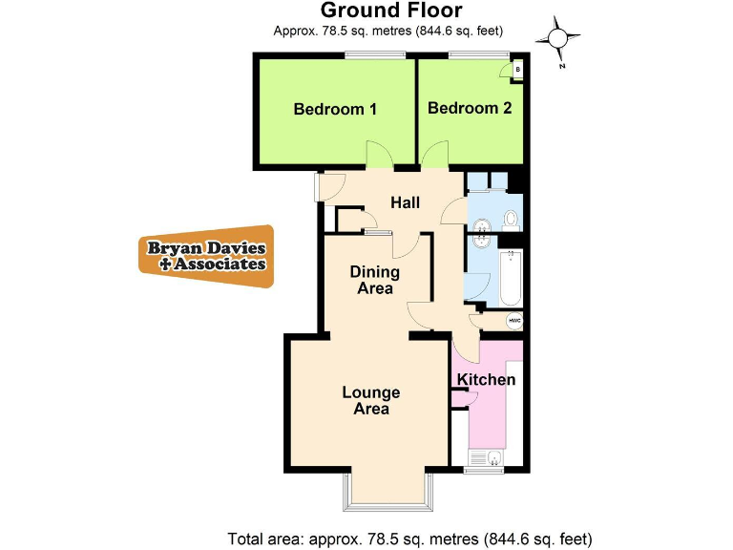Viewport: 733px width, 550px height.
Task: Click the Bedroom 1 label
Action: click(x=335, y=109)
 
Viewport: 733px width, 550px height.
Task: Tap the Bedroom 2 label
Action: click(x=470, y=108)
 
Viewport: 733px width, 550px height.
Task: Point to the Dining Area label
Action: click(x=375, y=280)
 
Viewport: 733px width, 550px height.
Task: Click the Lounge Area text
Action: click(x=371, y=400)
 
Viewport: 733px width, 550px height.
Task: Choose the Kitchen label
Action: click(x=486, y=380)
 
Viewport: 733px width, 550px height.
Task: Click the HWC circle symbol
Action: click(x=513, y=321)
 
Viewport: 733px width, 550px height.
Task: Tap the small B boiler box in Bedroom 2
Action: click(x=516, y=70)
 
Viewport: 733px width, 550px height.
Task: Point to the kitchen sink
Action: click(x=491, y=459)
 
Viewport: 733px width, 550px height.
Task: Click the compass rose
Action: click(x=558, y=37)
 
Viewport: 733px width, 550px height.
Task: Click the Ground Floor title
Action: click(x=390, y=11)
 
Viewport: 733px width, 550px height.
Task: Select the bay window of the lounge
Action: click(x=390, y=492)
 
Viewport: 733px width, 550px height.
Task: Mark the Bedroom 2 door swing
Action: click(x=435, y=153)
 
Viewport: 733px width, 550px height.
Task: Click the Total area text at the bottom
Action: click(x=409, y=537)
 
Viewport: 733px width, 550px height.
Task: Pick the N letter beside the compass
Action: click(x=563, y=66)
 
